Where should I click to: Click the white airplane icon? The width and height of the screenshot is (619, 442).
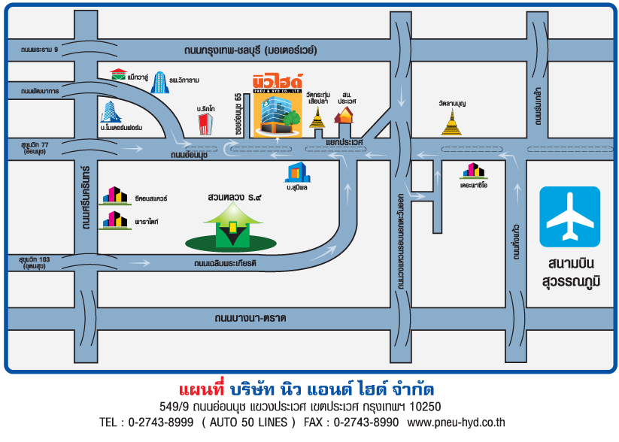(x=569, y=217)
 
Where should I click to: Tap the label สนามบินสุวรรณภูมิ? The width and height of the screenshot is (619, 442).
(x=569, y=274)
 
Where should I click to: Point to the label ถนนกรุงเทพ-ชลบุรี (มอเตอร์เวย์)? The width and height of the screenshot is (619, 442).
(x=250, y=50)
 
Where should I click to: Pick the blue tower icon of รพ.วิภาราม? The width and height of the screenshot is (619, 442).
(x=159, y=81)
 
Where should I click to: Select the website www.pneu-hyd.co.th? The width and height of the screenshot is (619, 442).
(x=456, y=422)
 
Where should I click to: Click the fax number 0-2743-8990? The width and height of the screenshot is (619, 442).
(x=366, y=422)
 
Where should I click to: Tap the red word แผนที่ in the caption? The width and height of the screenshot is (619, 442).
(x=202, y=391)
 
